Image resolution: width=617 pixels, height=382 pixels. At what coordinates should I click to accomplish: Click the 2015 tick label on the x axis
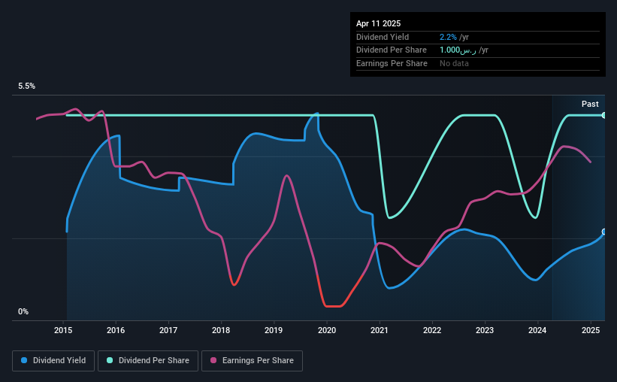pyautogui.click(x=63, y=330)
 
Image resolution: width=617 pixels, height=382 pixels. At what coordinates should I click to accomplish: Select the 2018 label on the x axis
pyautogui.click(x=221, y=330)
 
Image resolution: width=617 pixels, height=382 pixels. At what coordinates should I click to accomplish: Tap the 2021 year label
pyautogui.click(x=379, y=330)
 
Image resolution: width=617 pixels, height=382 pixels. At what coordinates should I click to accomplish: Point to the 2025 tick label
pyautogui.click(x=590, y=330)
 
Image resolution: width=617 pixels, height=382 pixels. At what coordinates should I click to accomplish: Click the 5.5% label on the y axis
pyautogui.click(x=27, y=86)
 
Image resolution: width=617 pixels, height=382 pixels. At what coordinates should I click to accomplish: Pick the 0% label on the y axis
pyautogui.click(x=23, y=311)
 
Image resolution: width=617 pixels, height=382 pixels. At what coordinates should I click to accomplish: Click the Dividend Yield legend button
pyautogui.click(x=53, y=361)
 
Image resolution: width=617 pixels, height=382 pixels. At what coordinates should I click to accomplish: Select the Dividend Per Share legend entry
pyautogui.click(x=148, y=361)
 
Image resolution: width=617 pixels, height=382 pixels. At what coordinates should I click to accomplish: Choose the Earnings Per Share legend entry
pyautogui.click(x=253, y=361)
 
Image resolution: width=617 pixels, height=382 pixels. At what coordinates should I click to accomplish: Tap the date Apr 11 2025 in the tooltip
pyautogui.click(x=378, y=23)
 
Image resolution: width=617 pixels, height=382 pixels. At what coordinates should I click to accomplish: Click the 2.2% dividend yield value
pyautogui.click(x=448, y=37)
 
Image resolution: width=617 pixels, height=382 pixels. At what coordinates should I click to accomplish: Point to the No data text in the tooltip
pyautogui.click(x=454, y=63)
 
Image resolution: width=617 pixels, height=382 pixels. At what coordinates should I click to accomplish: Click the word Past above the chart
pyautogui.click(x=590, y=104)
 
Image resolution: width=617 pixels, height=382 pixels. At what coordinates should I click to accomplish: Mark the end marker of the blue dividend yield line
pyautogui.click(x=604, y=232)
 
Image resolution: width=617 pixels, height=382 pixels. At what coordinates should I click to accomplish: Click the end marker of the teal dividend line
pyautogui.click(x=604, y=115)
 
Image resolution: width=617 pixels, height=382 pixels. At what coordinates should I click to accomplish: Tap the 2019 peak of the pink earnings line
pyautogui.click(x=286, y=176)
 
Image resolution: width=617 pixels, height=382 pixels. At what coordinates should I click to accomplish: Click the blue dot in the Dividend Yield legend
pyautogui.click(x=24, y=360)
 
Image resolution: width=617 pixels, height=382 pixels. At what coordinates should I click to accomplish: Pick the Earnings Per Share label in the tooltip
pyautogui.click(x=392, y=63)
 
